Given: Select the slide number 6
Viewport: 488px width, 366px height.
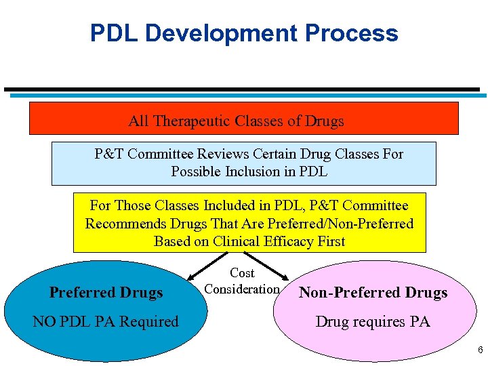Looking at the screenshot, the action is point(480,350).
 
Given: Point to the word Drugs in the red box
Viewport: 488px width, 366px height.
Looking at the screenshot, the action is point(324,121).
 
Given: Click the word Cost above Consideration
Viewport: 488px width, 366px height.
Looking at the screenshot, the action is point(242,273).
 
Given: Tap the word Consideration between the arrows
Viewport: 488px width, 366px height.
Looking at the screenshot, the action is point(242,289).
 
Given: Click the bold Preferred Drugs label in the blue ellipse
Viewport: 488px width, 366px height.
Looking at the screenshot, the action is point(106,293).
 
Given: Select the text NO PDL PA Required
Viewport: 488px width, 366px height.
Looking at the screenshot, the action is point(106,321).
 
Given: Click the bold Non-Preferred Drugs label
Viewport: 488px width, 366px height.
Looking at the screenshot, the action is point(373,293).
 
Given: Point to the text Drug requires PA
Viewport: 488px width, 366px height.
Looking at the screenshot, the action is point(373,321).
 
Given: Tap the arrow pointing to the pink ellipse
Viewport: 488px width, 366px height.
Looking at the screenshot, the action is point(271,266).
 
